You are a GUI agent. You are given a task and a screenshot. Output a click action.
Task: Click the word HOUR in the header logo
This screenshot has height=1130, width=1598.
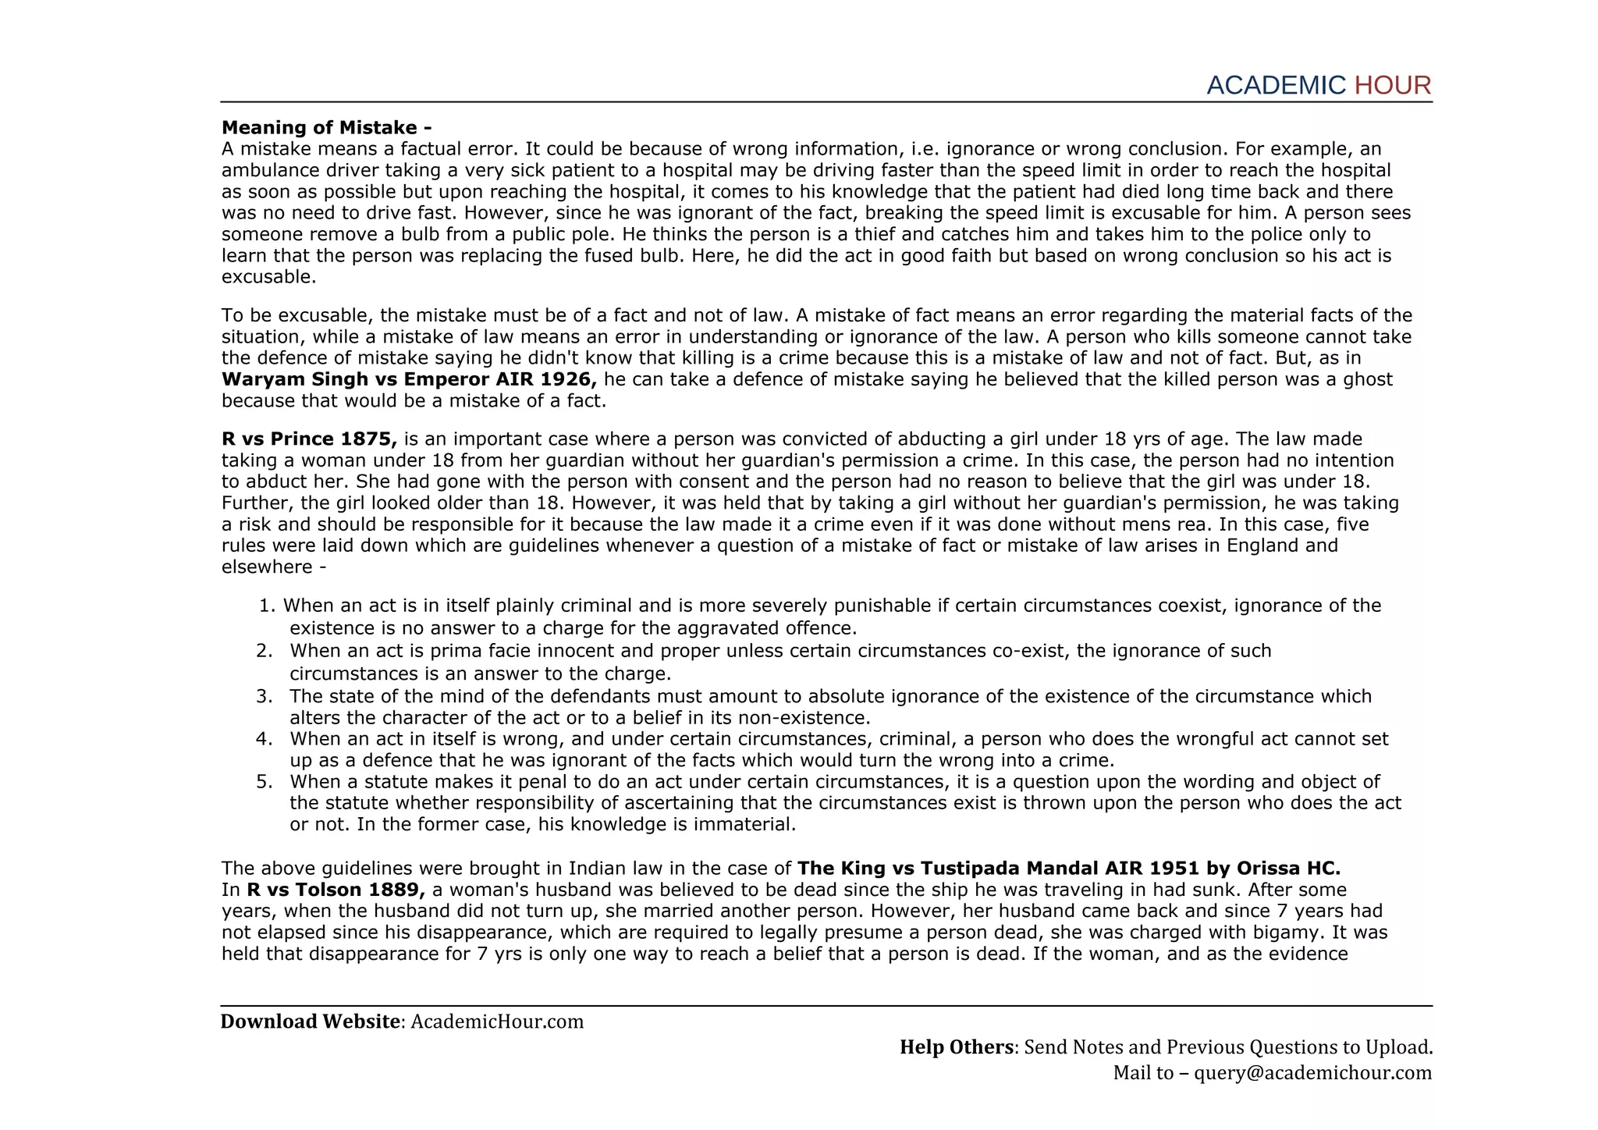tap(1392, 86)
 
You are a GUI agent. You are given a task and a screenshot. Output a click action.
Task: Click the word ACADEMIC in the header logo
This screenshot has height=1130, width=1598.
tap(1276, 86)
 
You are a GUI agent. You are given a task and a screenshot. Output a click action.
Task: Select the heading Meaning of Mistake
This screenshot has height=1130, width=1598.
tap(326, 127)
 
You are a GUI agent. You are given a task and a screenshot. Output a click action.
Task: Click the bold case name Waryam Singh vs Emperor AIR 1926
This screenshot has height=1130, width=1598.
tap(409, 380)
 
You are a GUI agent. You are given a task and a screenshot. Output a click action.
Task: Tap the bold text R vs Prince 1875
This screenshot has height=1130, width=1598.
tap(309, 439)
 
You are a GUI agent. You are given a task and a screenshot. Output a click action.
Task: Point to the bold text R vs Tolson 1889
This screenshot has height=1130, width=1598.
tap(336, 890)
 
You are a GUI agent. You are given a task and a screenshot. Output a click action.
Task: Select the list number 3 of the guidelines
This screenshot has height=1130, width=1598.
tap(264, 696)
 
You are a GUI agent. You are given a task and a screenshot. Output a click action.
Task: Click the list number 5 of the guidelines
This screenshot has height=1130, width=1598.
tap(264, 782)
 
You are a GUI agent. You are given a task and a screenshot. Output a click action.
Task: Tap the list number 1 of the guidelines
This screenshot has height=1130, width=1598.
tap(267, 606)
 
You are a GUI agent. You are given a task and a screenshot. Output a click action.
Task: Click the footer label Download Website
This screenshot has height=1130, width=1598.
tap(310, 1022)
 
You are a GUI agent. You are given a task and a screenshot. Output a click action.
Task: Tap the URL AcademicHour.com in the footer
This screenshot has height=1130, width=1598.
tap(497, 1022)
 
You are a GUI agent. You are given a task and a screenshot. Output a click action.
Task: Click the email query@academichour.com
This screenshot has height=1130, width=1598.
tap(1312, 1073)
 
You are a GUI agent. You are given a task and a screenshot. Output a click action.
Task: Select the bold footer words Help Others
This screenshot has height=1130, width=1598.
tap(956, 1047)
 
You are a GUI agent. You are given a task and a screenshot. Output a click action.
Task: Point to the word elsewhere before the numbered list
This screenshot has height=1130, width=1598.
tap(266, 567)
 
